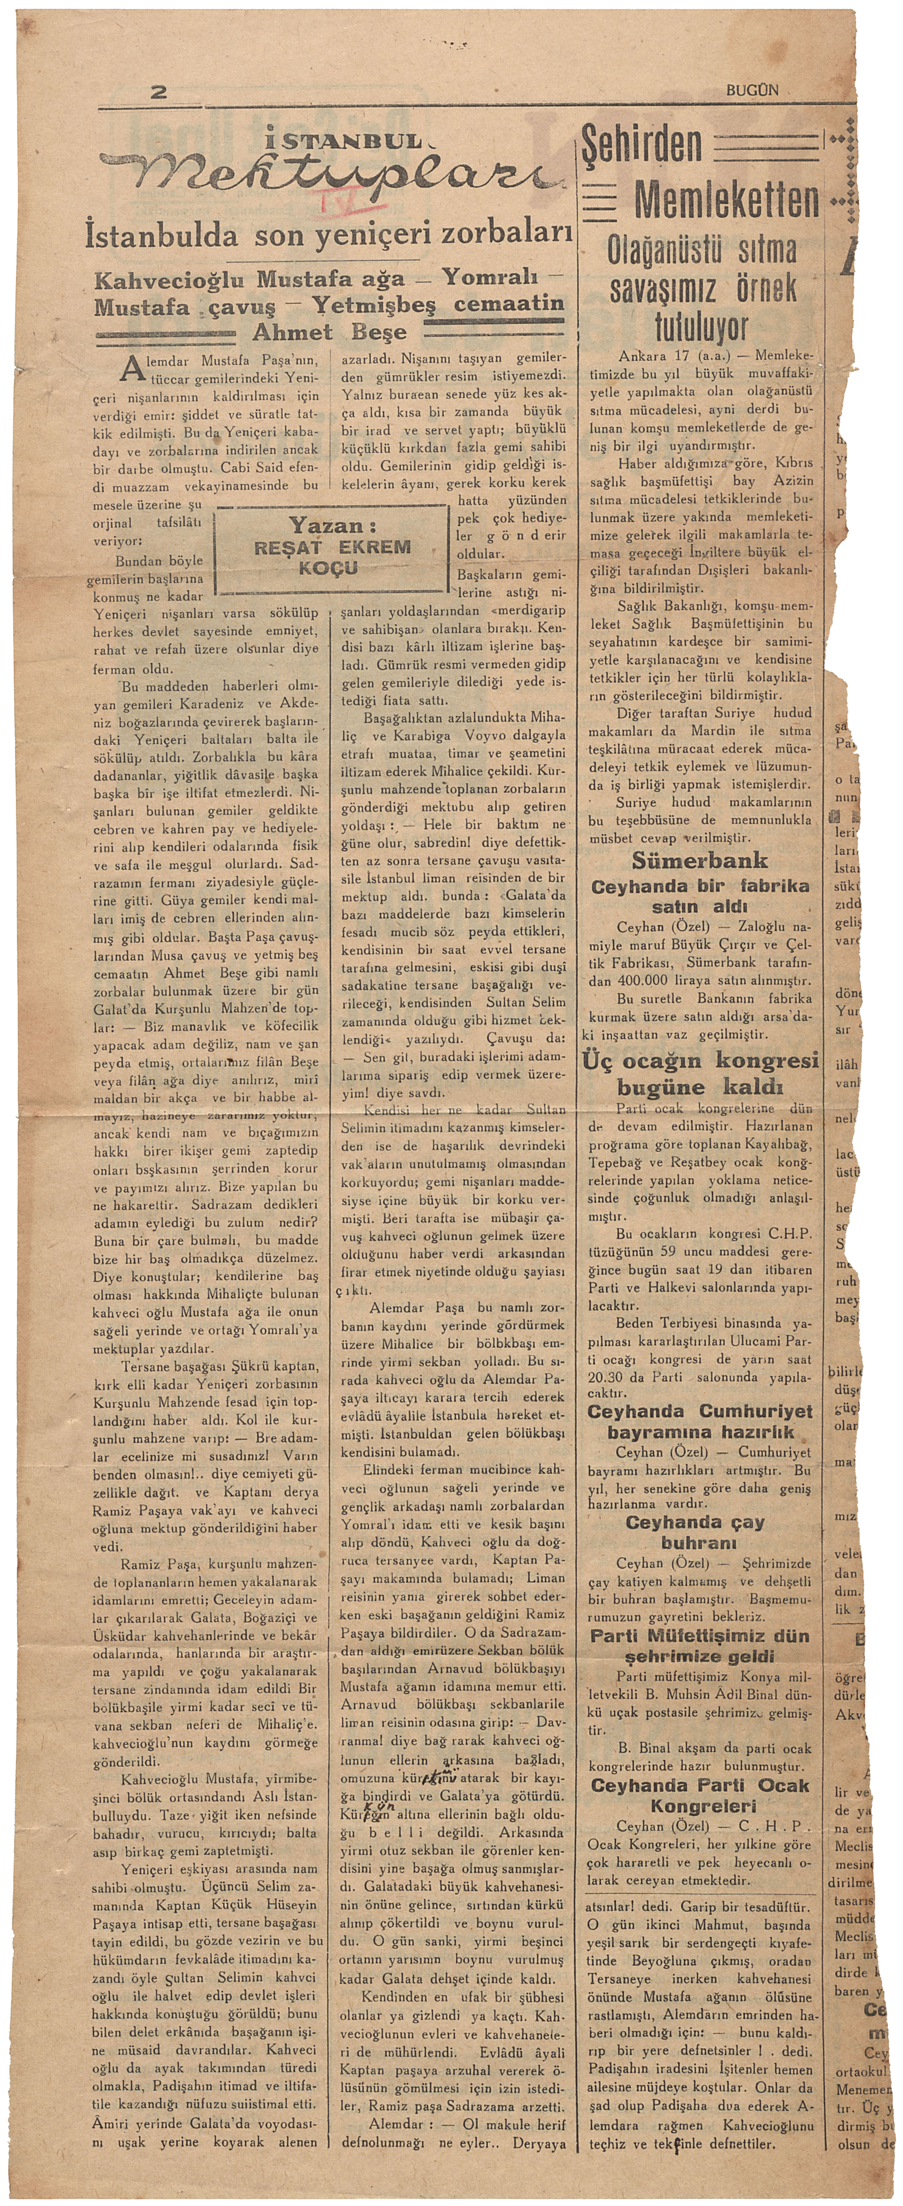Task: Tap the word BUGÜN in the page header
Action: tap(753, 89)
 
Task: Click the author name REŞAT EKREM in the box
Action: tap(334, 546)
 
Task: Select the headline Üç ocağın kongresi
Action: tap(700, 1060)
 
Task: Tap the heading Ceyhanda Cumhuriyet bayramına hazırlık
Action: tap(700, 1423)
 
